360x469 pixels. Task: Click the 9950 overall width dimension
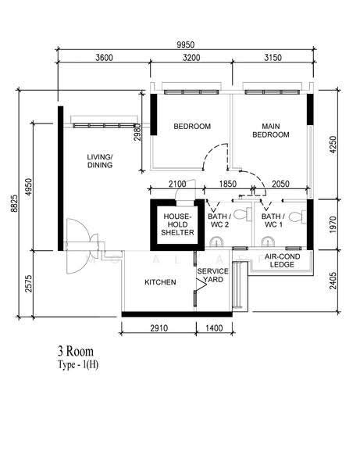(186, 45)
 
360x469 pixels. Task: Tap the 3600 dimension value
(105, 57)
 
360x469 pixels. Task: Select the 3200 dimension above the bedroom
(191, 57)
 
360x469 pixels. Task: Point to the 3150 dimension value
(273, 57)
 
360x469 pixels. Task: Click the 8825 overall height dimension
(14, 203)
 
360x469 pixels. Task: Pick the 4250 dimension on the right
(333, 145)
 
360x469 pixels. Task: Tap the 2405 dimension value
(333, 281)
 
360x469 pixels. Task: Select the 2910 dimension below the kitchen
(159, 328)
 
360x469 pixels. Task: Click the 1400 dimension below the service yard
(214, 328)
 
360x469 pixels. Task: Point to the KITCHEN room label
(160, 282)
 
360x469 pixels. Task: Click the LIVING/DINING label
(100, 161)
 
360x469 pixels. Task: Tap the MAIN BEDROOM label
(271, 131)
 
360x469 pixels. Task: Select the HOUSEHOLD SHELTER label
(177, 224)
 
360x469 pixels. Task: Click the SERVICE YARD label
(212, 275)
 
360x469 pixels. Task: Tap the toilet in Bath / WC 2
(241, 214)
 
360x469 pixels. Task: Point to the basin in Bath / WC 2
(216, 242)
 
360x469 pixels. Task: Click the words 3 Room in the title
(76, 351)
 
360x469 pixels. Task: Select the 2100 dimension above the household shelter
(177, 184)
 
